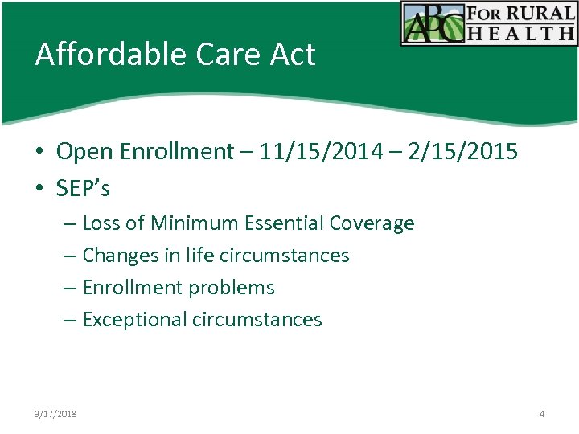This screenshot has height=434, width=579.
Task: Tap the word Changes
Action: [119, 256]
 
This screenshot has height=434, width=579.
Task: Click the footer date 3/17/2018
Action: [55, 414]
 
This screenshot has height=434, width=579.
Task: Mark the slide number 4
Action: [542, 414]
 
